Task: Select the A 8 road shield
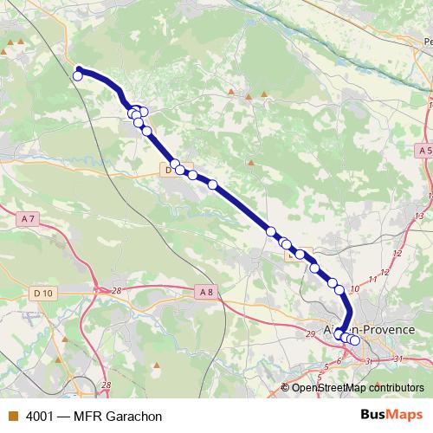pyautogui.click(x=205, y=293)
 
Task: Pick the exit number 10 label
pyautogui.click(x=354, y=288)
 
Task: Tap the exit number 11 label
pyautogui.click(x=372, y=279)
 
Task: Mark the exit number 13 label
pyautogui.click(x=419, y=215)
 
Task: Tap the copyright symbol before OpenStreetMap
pyautogui.click(x=286, y=388)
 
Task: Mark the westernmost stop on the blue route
pyautogui.click(x=77, y=76)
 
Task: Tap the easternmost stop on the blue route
pyautogui.click(x=354, y=339)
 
